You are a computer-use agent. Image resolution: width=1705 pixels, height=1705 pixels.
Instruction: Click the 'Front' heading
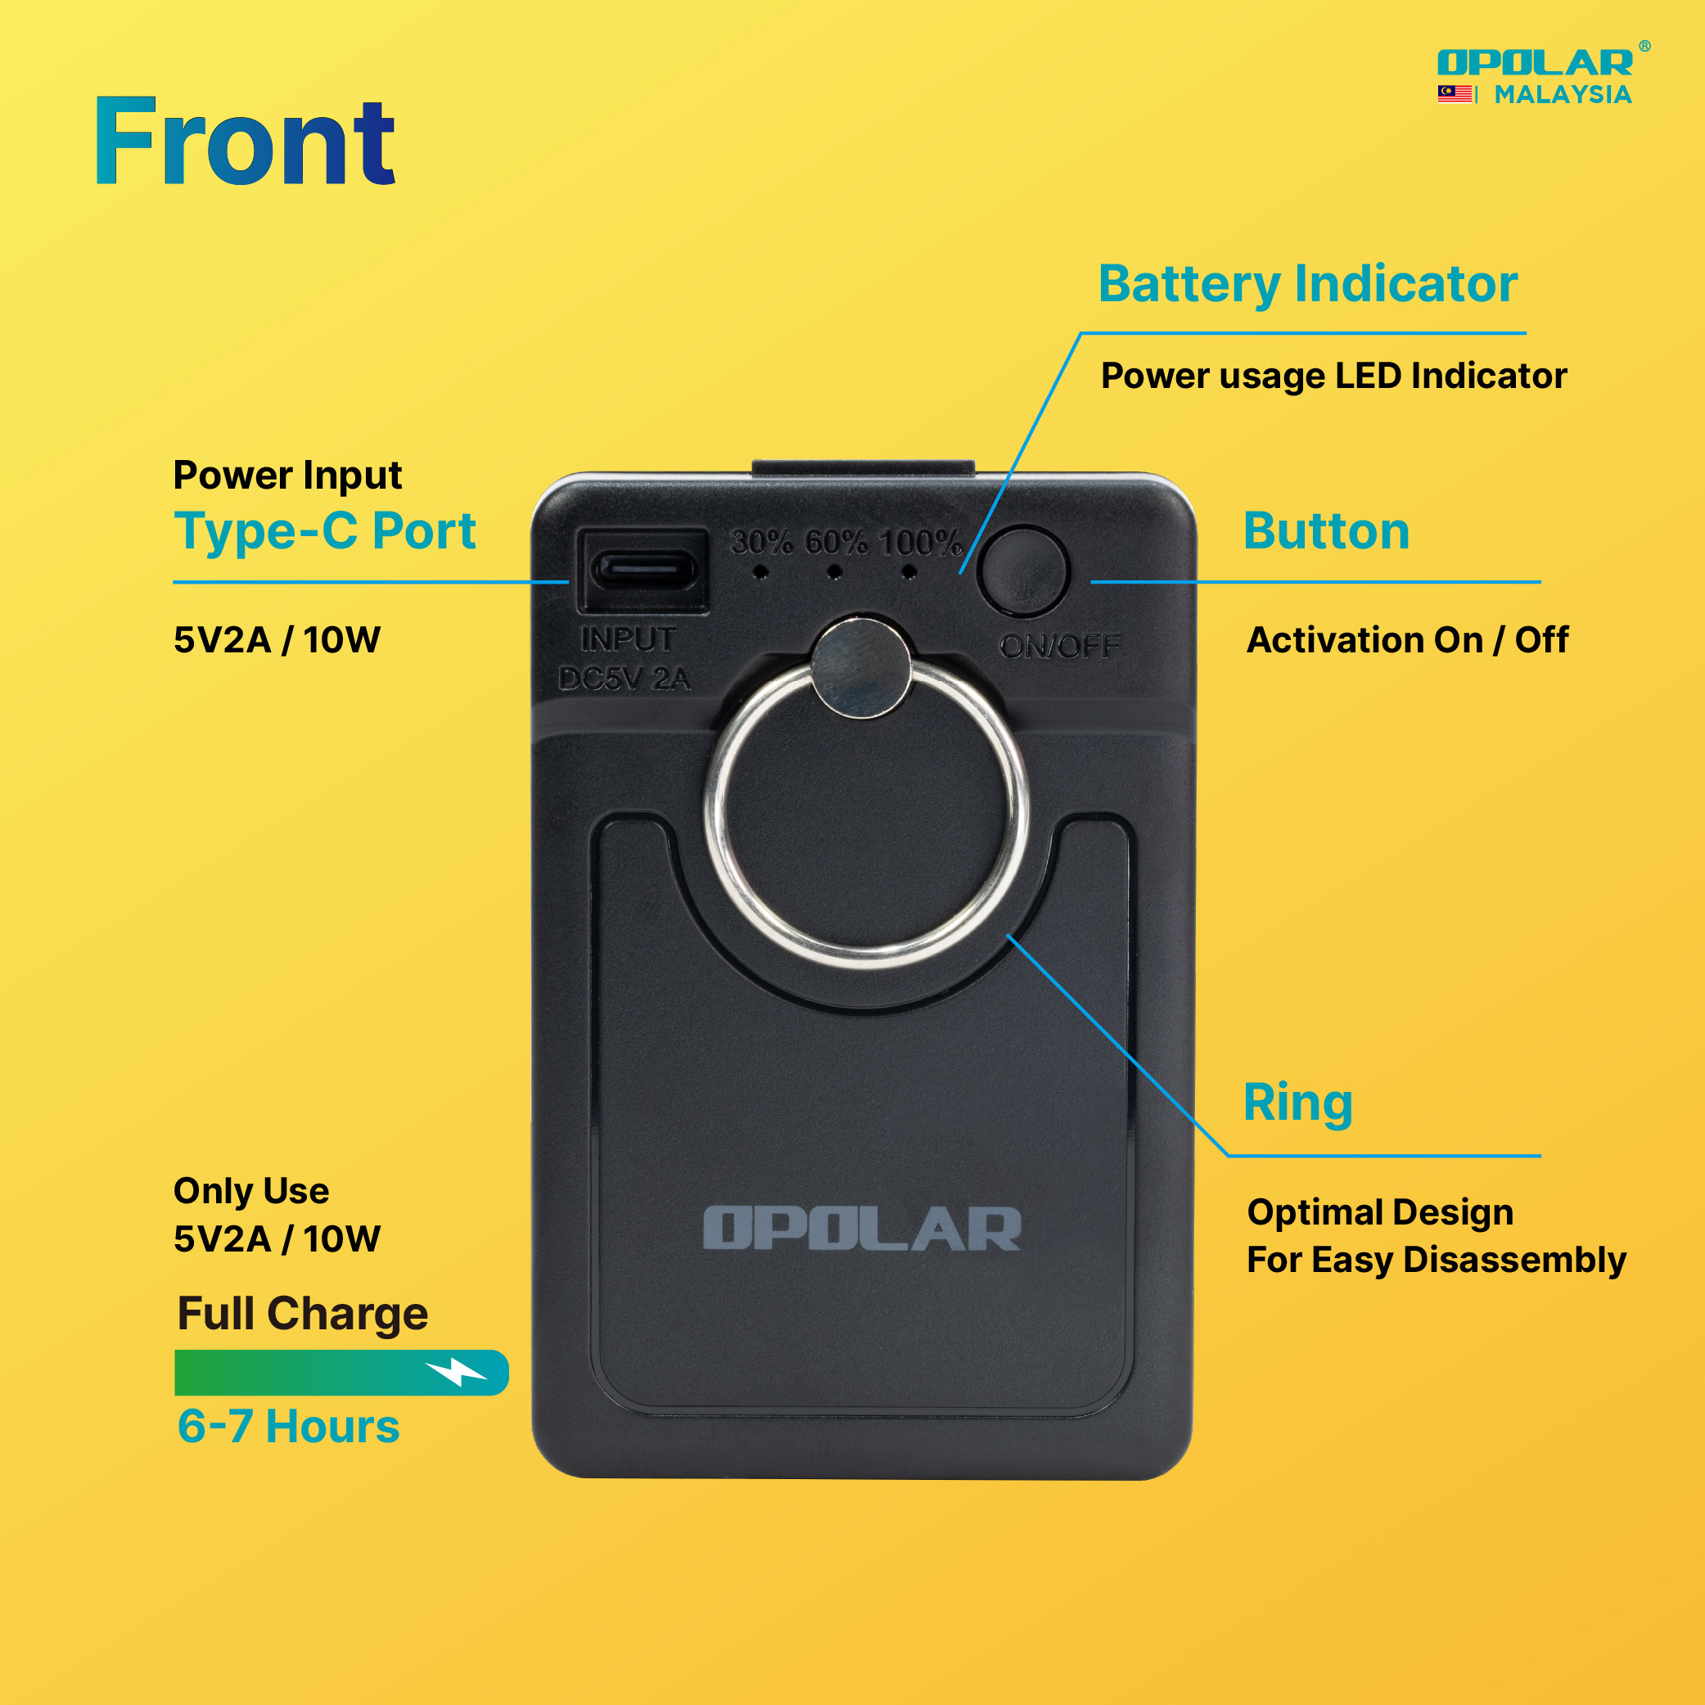point(245,142)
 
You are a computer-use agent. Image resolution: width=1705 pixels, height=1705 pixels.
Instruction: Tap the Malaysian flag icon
point(1454,93)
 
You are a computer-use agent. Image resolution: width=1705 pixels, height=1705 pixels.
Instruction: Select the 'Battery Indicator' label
point(1308,284)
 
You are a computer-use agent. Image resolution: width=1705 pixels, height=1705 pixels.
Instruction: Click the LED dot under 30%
point(760,573)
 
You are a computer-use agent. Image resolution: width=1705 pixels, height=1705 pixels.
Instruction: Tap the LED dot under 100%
point(909,573)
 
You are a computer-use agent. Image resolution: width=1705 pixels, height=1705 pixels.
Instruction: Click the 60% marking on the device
point(836,542)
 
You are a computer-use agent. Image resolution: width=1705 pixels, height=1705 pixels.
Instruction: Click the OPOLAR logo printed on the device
point(861,1229)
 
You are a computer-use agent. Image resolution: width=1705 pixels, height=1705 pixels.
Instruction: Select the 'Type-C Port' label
point(325,532)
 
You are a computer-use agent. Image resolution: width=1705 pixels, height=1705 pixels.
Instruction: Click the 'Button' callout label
point(1326,530)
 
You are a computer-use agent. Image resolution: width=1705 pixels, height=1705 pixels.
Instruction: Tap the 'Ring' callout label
point(1297,1103)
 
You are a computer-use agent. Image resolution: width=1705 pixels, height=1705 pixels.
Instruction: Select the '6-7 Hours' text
point(289,1426)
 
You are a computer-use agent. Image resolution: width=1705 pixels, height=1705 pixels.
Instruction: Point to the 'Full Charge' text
point(303,1313)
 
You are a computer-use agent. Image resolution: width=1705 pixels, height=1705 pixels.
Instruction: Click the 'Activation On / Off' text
point(1408,640)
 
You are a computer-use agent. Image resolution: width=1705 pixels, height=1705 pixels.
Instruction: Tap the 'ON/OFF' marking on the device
point(1059,646)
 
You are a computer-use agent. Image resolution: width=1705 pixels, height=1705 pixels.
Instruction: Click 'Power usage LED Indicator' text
point(1333,376)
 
